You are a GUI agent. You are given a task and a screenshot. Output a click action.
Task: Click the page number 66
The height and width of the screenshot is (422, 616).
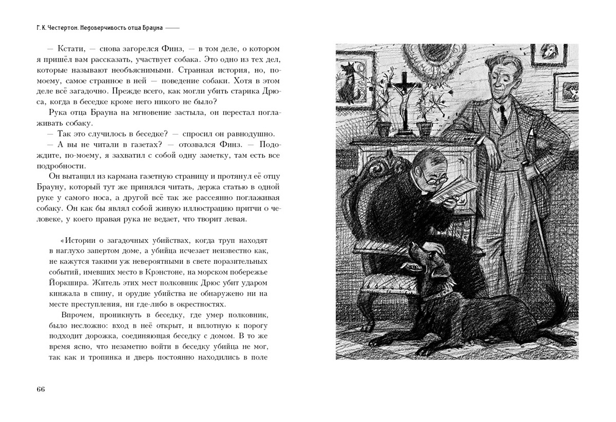coord(41,389)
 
